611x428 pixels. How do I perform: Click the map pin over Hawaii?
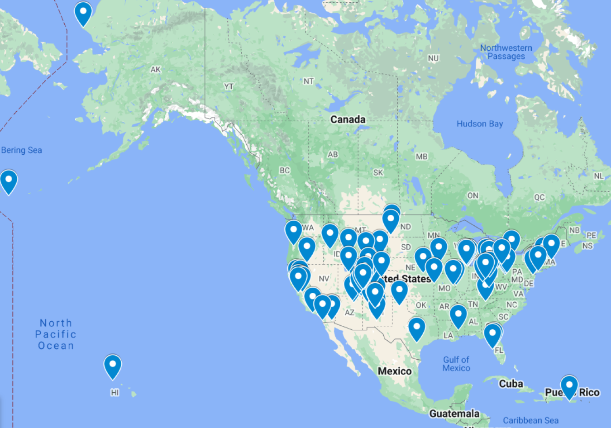coord(113,365)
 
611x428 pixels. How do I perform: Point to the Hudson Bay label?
coord(480,124)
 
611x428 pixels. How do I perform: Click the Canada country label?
coord(348,119)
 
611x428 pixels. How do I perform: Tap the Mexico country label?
coord(395,371)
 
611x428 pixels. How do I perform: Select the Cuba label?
coord(511,384)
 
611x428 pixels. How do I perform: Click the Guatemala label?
coord(454,414)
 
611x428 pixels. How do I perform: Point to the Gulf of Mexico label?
coord(456,364)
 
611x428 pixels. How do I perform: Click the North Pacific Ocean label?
coord(56,334)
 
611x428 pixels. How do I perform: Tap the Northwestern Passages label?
coord(506,52)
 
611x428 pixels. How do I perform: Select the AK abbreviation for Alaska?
coord(156,70)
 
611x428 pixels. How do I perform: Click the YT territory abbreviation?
coord(229,86)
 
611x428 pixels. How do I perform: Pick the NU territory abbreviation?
coord(433,58)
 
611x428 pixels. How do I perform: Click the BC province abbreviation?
coord(285,171)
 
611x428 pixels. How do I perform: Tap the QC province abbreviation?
coord(539,197)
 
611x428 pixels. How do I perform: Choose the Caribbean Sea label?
coord(530,420)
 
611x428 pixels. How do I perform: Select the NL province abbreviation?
coord(599,176)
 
